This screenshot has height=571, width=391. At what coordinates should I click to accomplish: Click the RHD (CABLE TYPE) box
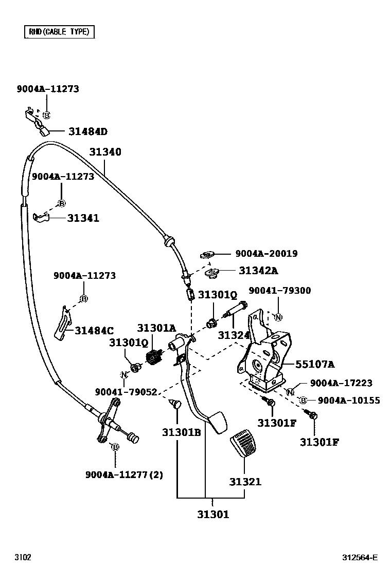coord(59,32)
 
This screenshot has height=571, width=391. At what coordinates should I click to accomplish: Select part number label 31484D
coord(87,131)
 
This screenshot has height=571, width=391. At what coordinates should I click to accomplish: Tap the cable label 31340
coord(105,152)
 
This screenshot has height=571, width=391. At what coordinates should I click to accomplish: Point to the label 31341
coord(83,218)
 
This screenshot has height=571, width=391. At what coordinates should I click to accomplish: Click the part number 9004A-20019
coord(266,254)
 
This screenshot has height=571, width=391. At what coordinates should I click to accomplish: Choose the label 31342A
coord(258,271)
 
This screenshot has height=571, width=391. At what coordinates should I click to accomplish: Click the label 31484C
coord(94,330)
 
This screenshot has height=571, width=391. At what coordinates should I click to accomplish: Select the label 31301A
coord(156,328)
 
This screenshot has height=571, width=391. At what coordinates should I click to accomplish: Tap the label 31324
coord(234,335)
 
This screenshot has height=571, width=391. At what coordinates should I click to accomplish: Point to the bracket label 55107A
coord(315,365)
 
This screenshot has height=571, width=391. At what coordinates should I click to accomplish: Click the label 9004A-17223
coord(341,384)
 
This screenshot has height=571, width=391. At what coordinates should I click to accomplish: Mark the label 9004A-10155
coord(349,401)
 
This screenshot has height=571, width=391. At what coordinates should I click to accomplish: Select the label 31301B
coord(181,432)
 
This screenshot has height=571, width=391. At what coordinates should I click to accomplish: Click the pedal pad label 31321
coord(245,482)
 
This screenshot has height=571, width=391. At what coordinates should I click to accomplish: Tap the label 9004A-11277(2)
coord(124,475)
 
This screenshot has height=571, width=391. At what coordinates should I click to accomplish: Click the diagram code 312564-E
coord(360,558)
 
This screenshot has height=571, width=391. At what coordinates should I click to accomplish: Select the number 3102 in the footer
coord(23,558)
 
